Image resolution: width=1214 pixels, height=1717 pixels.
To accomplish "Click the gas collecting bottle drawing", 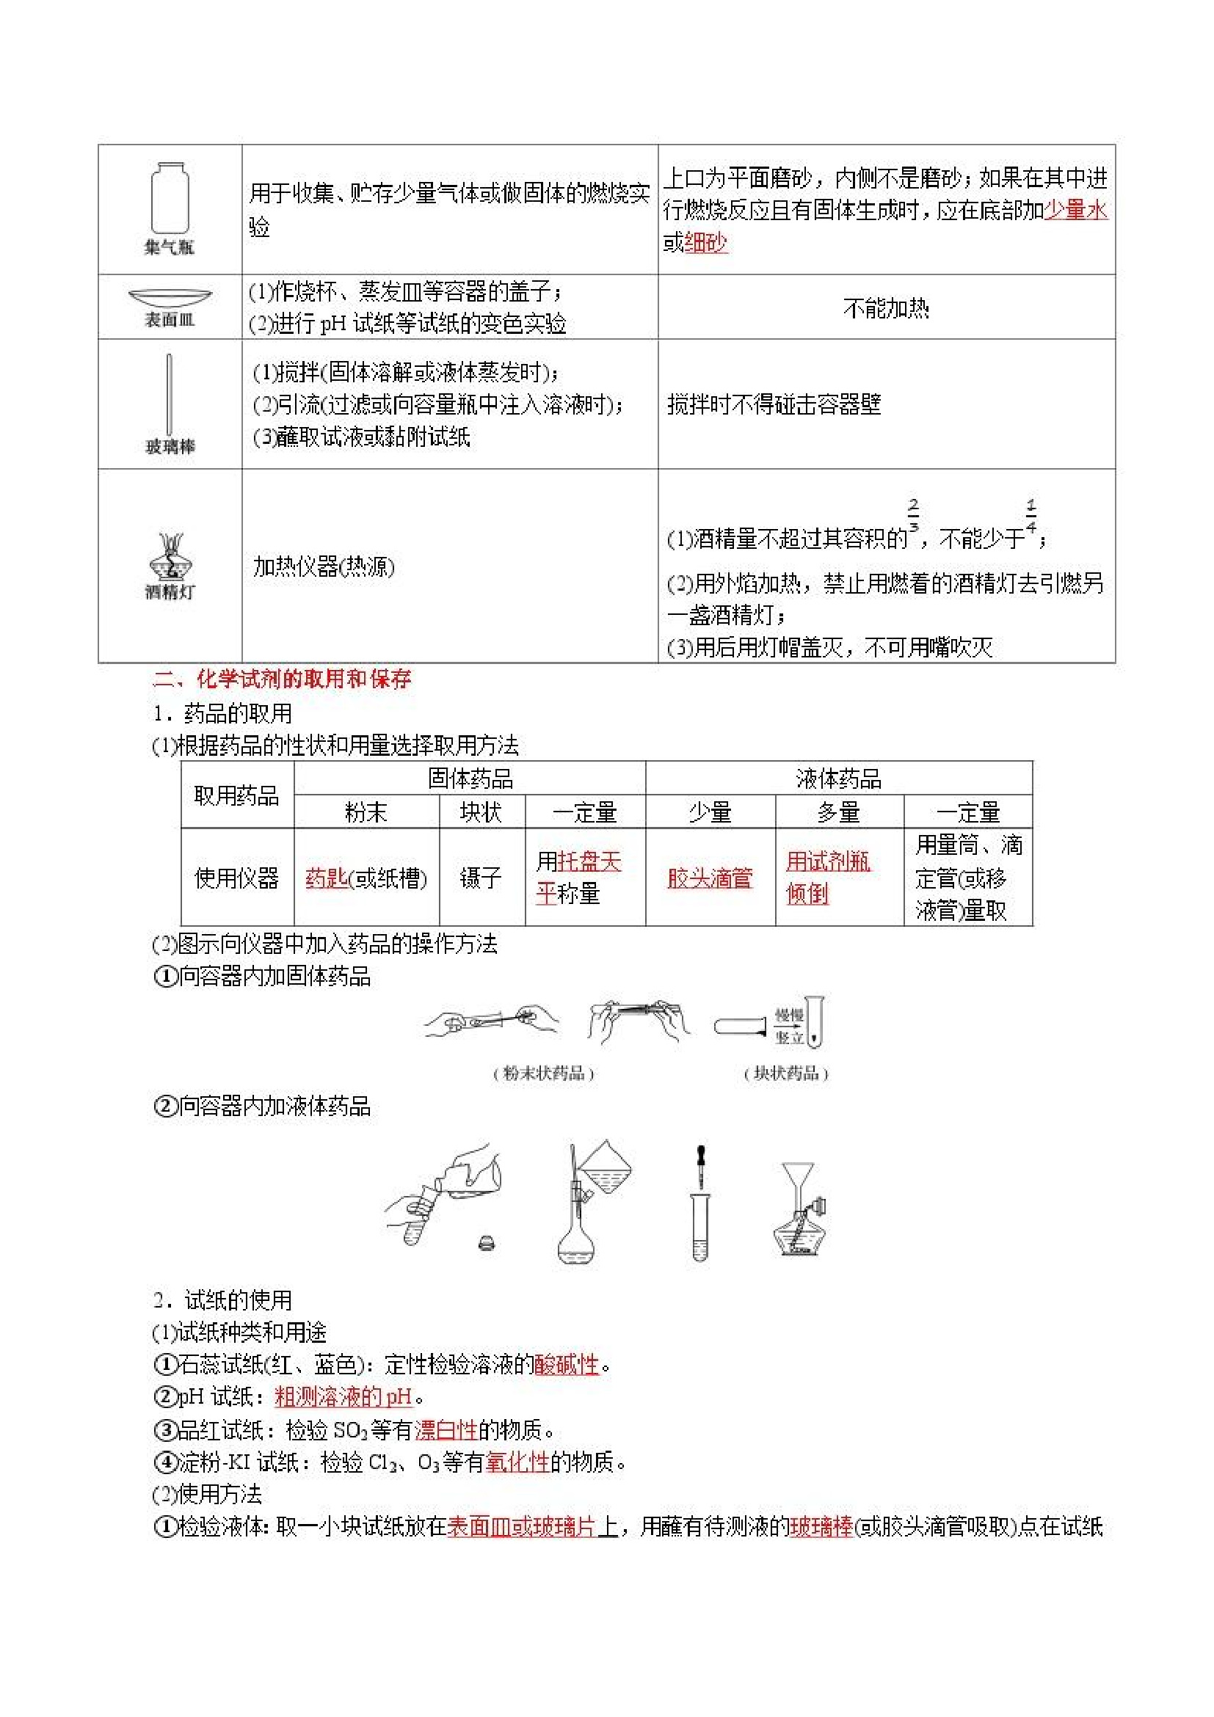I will click(170, 198).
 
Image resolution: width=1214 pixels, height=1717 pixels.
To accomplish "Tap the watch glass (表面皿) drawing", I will click(170, 297).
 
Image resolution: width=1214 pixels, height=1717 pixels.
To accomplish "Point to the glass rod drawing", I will click(170, 394).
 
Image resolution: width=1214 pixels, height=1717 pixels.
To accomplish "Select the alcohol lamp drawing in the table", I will click(170, 556).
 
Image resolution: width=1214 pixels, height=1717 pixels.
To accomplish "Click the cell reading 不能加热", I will click(886, 307).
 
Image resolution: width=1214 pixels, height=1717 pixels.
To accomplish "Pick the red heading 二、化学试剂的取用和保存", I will click(282, 679).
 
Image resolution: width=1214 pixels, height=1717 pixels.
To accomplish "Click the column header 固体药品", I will click(470, 779).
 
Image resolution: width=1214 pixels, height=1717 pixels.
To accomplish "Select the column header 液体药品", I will click(838, 779).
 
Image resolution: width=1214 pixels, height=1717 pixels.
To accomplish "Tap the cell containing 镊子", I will click(481, 877).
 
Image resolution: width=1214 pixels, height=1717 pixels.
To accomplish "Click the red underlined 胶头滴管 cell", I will click(710, 877).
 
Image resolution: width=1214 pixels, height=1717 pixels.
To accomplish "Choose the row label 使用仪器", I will click(236, 877).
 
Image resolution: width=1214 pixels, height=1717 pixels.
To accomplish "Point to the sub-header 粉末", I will click(366, 812).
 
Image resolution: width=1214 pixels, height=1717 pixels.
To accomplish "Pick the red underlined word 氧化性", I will click(517, 1462).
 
